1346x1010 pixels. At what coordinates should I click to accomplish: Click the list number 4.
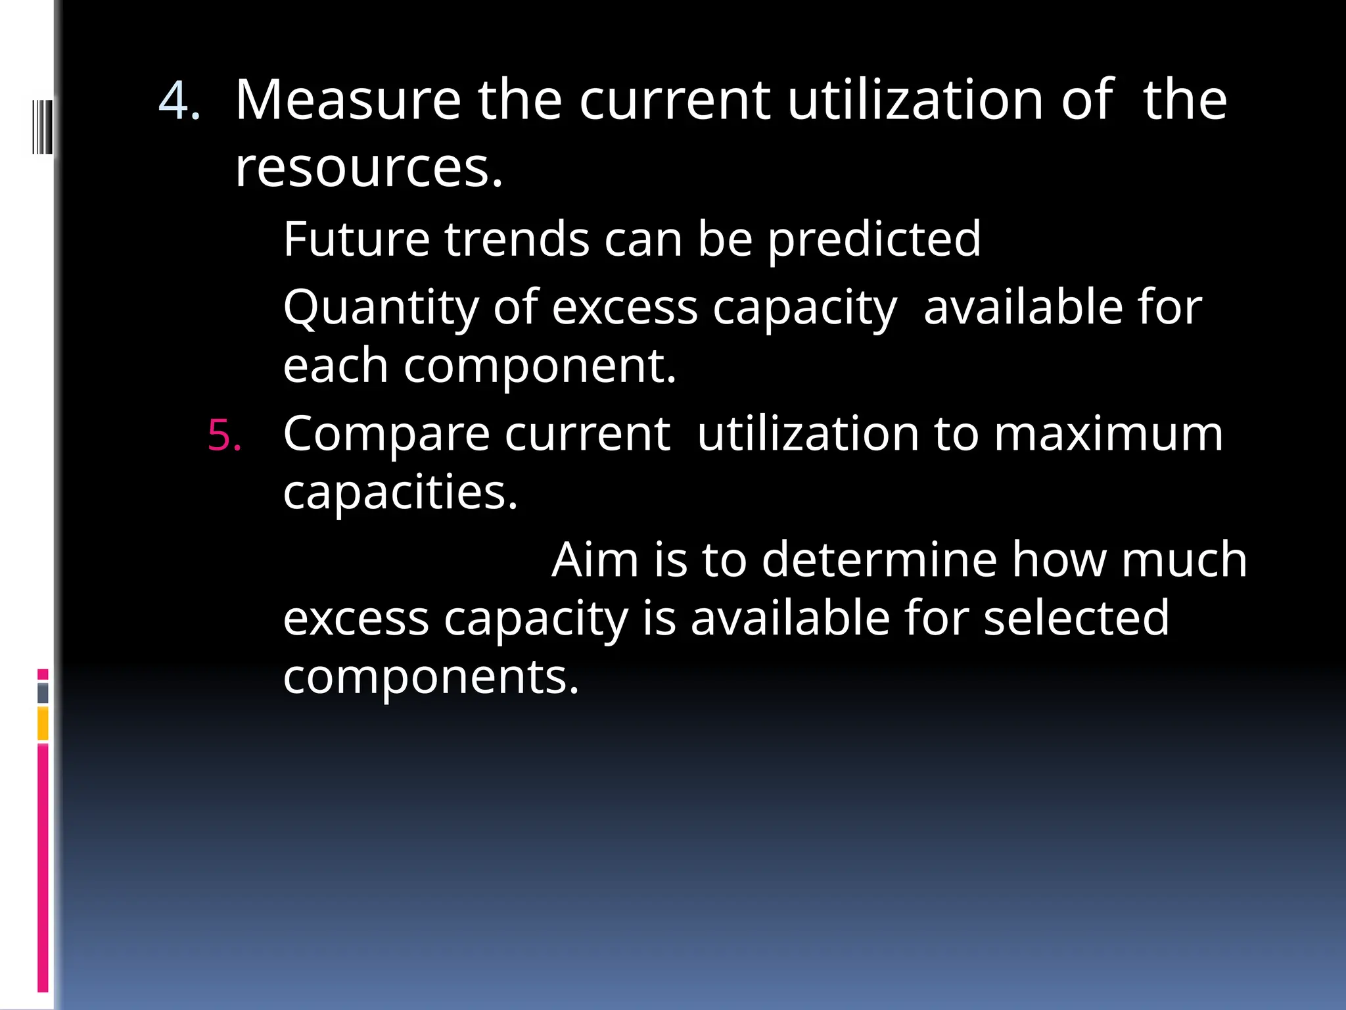[179, 101]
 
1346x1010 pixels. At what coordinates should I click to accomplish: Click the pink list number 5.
[224, 435]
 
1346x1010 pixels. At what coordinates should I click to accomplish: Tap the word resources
[368, 168]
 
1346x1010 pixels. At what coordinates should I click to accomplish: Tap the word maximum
[1108, 435]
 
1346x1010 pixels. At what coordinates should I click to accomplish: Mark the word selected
[1077, 618]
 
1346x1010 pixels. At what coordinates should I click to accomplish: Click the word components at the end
[430, 677]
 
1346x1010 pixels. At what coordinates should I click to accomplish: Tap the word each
[335, 366]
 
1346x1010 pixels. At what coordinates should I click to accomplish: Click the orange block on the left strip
[43, 723]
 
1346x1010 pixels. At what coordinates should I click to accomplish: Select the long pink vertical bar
[43, 868]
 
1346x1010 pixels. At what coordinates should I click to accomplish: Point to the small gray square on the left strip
[43, 692]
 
